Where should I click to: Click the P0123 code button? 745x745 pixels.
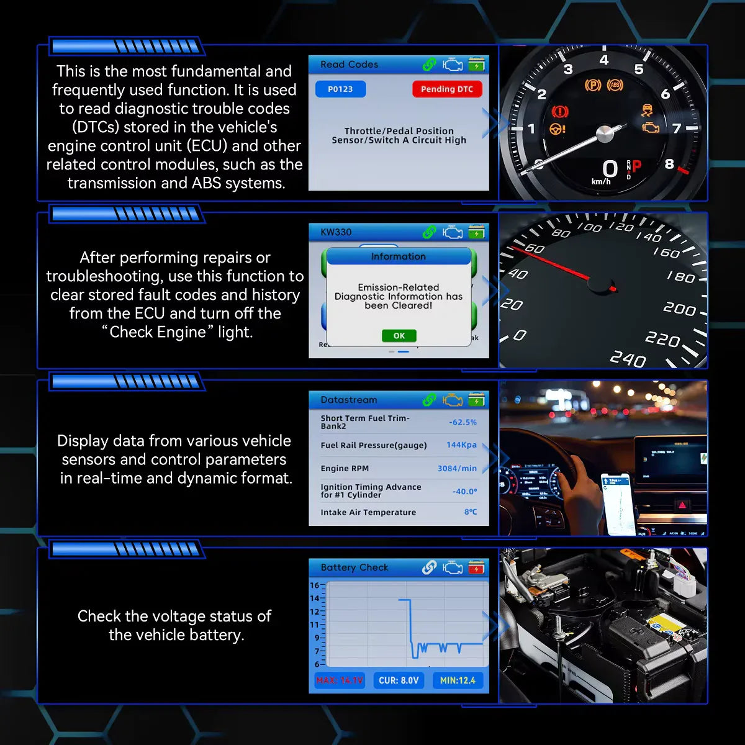click(340, 89)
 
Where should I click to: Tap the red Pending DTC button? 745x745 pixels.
click(447, 89)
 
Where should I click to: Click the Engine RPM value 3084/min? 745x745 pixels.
click(457, 469)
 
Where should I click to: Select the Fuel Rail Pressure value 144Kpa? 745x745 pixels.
click(461, 445)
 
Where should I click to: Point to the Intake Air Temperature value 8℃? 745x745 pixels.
click(471, 512)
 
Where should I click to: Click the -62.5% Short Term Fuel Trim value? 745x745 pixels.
click(463, 422)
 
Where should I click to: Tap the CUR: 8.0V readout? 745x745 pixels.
click(399, 680)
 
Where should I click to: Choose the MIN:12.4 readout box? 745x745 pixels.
click(458, 680)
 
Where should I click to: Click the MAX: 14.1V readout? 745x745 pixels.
click(340, 680)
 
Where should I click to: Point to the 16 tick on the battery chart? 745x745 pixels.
click(315, 585)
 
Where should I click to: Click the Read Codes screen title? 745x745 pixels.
click(349, 65)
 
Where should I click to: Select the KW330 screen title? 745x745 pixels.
click(336, 232)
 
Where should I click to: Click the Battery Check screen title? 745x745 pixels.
click(354, 567)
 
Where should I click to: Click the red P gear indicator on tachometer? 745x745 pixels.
click(636, 166)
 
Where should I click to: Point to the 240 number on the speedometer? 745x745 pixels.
click(628, 359)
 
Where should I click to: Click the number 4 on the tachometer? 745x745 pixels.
click(604, 60)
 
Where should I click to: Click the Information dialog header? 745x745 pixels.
click(399, 256)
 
